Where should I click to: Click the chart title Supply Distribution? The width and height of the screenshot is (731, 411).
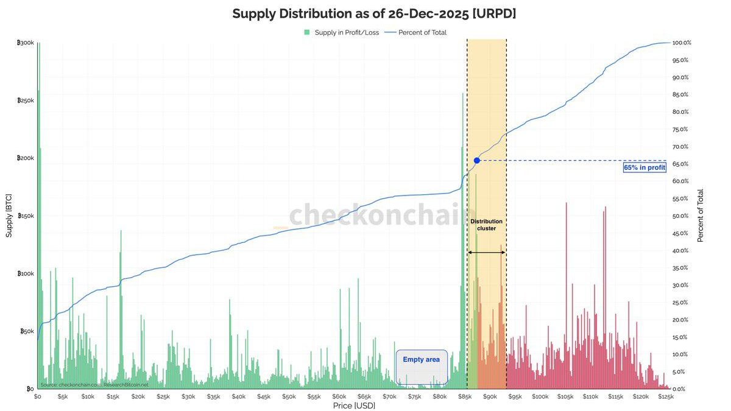pyautogui.click(x=374, y=14)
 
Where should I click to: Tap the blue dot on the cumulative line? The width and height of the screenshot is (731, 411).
pyautogui.click(x=477, y=160)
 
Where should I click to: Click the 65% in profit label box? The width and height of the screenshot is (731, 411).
pyautogui.click(x=644, y=167)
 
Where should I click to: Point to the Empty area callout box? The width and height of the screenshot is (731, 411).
pyautogui.click(x=422, y=367)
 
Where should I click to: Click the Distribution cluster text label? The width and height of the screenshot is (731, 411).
pyautogui.click(x=486, y=225)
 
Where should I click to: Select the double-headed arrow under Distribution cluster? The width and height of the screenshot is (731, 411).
pyautogui.click(x=486, y=252)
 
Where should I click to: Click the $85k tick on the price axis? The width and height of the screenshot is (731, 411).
pyautogui.click(x=465, y=396)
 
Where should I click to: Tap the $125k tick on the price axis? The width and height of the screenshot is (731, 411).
pyautogui.click(x=666, y=396)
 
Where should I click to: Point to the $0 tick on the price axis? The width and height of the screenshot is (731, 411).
pyautogui.click(x=38, y=396)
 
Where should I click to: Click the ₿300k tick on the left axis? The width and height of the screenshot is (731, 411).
pyautogui.click(x=26, y=43)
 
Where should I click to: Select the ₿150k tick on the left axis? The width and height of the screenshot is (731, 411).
pyautogui.click(x=26, y=216)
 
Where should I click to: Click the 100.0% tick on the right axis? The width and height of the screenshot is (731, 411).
pyautogui.click(x=681, y=43)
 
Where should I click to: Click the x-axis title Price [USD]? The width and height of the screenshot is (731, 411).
pyautogui.click(x=354, y=406)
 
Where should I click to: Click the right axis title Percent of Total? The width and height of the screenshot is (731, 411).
pyautogui.click(x=701, y=216)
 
